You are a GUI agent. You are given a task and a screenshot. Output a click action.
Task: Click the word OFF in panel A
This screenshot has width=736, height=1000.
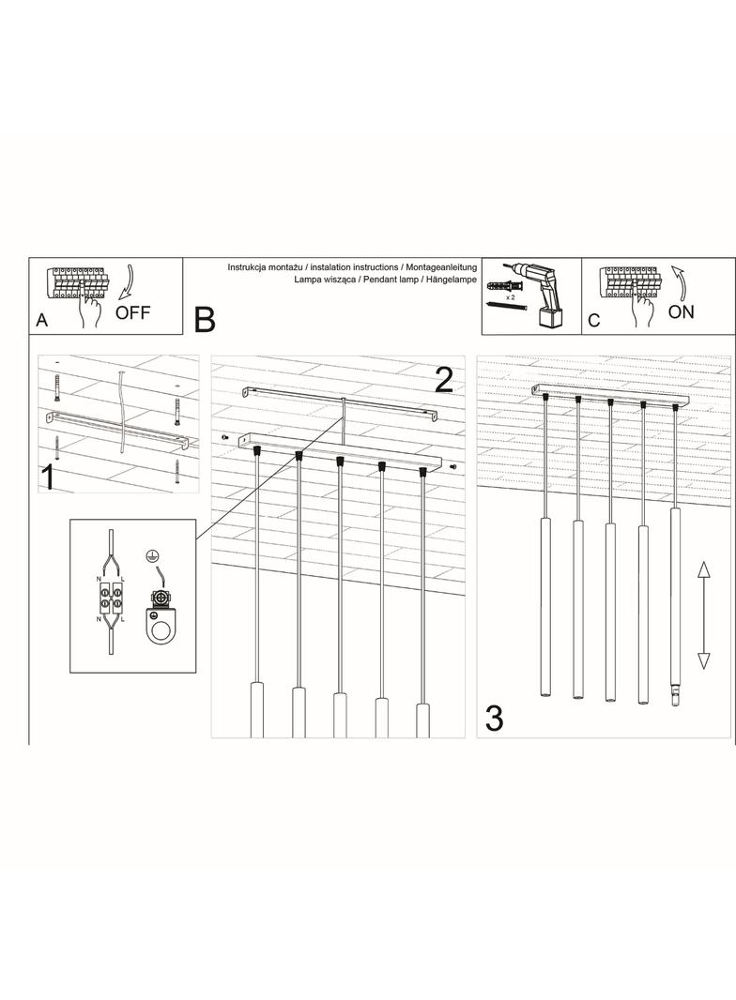tap(132, 312)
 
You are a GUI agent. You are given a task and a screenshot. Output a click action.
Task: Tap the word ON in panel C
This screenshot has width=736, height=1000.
tap(682, 312)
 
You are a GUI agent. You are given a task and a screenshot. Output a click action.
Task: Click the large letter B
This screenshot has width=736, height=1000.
tap(205, 320)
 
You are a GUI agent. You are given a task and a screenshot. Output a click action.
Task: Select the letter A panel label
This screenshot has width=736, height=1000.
tap(42, 320)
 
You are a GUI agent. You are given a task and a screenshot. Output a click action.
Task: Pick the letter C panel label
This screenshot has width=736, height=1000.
tap(593, 320)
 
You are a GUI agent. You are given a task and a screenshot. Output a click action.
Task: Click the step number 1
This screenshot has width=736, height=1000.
tap(47, 478)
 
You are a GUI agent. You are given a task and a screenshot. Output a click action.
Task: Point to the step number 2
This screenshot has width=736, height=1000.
tap(444, 380)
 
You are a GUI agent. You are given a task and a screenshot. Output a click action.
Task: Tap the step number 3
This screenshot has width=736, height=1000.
tap(494, 719)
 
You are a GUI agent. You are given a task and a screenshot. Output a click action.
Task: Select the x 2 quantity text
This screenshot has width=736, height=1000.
tap(510, 297)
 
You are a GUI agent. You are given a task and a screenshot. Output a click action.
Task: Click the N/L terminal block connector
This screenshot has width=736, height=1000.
tap(112, 597)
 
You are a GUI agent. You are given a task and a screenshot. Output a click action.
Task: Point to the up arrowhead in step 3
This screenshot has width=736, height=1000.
tap(703, 570)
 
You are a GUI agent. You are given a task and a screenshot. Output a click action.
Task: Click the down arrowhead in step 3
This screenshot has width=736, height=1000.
tap(703, 661)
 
